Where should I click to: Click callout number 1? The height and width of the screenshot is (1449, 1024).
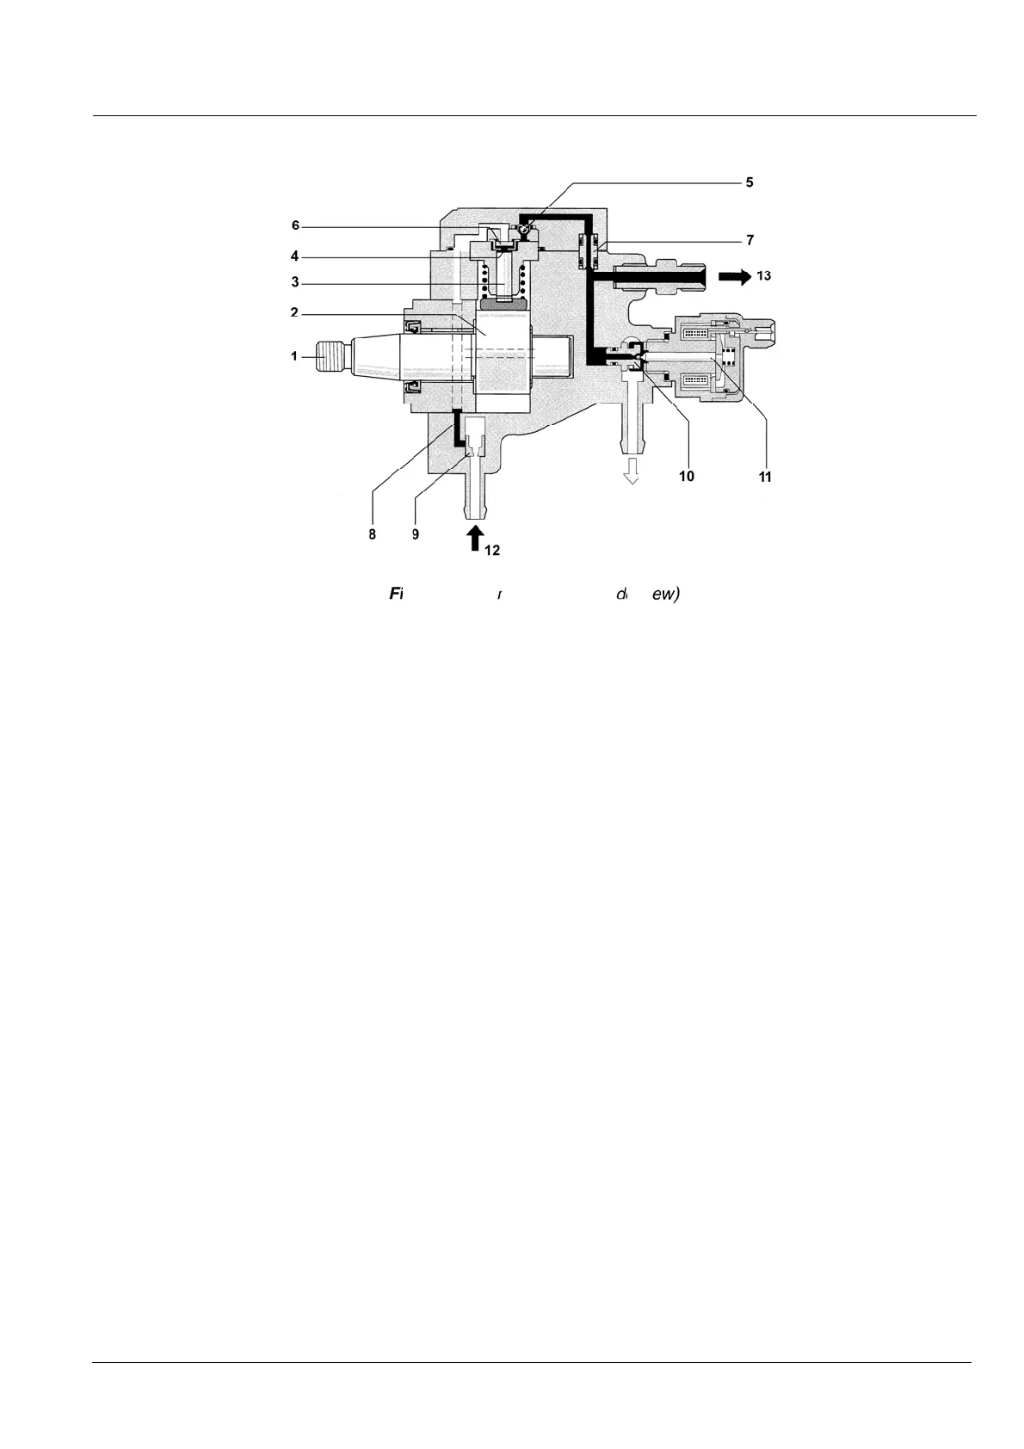click(x=294, y=355)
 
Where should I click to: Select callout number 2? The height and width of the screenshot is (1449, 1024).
click(x=294, y=313)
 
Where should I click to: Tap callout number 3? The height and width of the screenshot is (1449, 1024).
click(x=294, y=282)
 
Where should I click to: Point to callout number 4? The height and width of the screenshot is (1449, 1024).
click(x=294, y=256)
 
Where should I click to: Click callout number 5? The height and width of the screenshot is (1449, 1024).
click(x=749, y=182)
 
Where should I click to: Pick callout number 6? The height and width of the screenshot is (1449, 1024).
click(x=295, y=225)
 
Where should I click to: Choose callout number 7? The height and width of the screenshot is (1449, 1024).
click(x=751, y=238)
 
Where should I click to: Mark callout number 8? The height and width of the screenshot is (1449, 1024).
click(x=373, y=533)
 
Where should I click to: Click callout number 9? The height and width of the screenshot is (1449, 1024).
click(x=415, y=533)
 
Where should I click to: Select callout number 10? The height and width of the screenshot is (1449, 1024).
click(x=686, y=476)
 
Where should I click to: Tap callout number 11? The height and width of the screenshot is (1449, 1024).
click(x=764, y=476)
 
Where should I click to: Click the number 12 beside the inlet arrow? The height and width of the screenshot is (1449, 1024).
click(x=491, y=551)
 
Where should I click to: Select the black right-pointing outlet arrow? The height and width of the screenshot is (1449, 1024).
click(x=733, y=276)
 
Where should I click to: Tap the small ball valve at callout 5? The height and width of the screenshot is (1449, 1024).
click(x=524, y=228)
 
